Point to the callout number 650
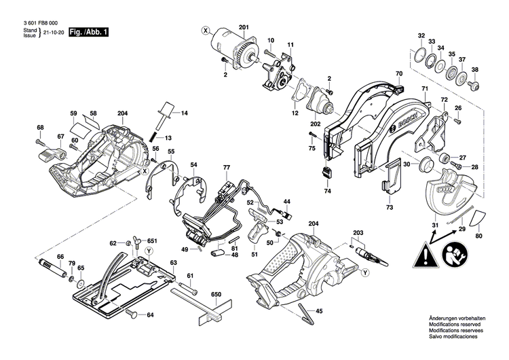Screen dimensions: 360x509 point(216,294)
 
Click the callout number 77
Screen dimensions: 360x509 point(227,167)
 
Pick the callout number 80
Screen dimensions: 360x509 point(480,236)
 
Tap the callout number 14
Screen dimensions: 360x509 point(184,111)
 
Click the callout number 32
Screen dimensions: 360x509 point(421,35)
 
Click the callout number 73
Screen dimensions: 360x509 point(389,206)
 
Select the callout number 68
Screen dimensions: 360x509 point(40,128)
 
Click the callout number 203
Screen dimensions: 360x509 point(358,232)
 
